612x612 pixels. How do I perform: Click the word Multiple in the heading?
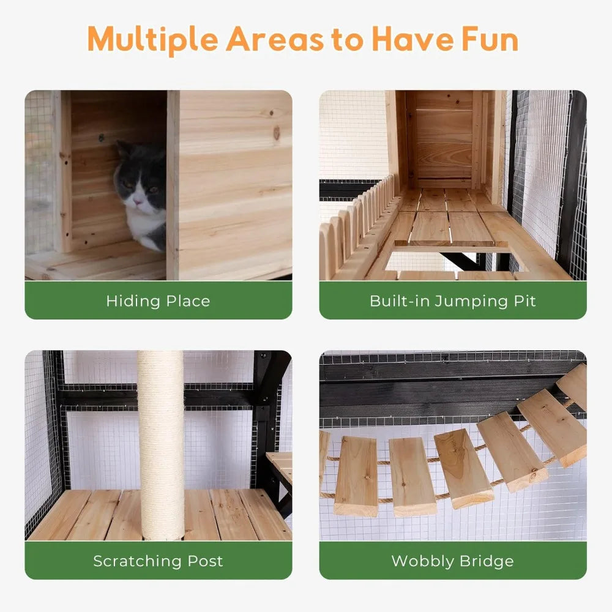(153, 39)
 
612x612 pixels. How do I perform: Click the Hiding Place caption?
(158, 300)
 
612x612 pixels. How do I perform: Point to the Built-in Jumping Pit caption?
(452, 300)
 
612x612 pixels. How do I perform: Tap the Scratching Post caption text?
(158, 561)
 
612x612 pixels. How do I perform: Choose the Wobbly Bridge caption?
(452, 561)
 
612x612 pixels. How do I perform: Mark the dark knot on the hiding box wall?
(277, 132)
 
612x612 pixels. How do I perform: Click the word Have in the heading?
(410, 39)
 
